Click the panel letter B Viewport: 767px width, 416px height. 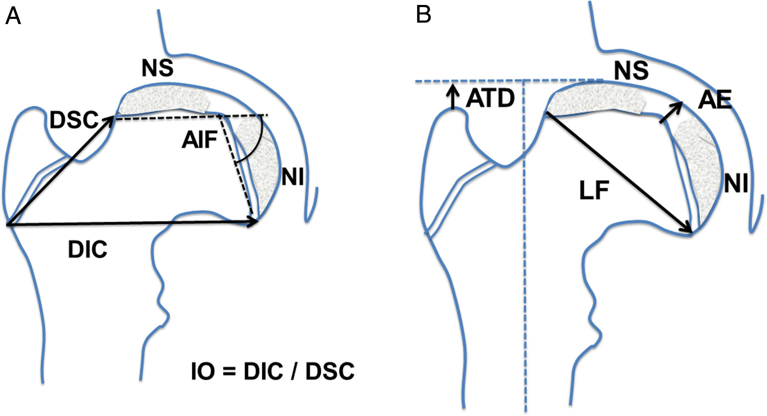tap(423, 15)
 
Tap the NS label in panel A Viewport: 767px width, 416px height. tap(158, 68)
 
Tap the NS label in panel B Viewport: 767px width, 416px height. tap(631, 70)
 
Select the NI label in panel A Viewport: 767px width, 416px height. tap(293, 177)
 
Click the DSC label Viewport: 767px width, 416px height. tap(74, 120)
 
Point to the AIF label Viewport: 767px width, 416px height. tap(200, 140)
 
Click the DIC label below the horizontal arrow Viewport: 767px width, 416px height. tap(87, 250)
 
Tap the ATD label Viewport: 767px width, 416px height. tap(490, 98)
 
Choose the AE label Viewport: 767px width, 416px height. tap(715, 100)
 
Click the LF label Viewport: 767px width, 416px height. tap(594, 190)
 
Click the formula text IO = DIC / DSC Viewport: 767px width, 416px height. tap(273, 371)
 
